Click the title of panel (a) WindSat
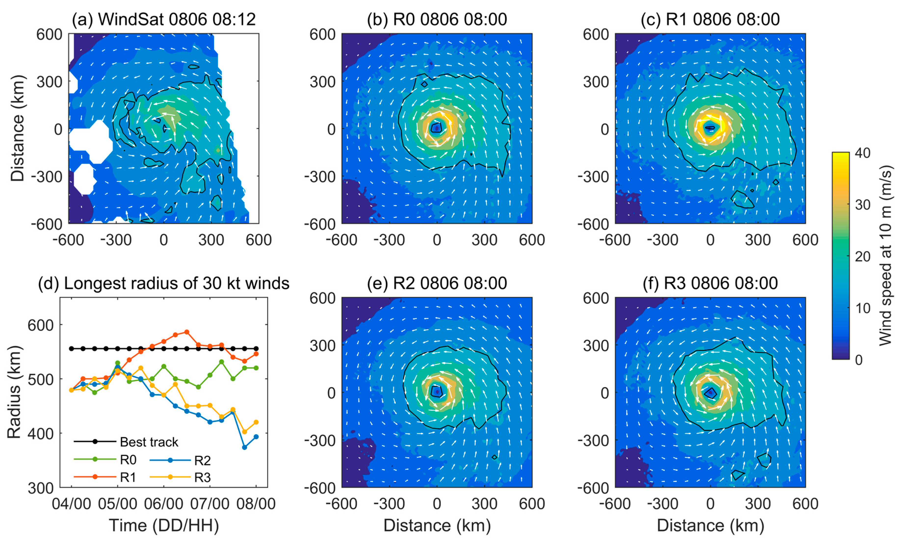164,19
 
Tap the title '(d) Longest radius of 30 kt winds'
164,283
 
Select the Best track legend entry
149,442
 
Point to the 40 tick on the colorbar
862,153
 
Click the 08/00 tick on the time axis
256,504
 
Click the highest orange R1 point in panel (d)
187,332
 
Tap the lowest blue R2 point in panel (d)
245,447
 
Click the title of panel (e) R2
437,283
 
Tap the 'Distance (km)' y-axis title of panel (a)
17,129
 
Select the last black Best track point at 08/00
256,349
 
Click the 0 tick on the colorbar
859,360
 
